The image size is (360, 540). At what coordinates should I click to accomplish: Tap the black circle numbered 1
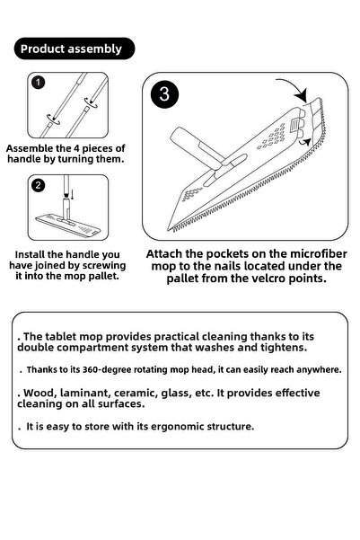point(38,83)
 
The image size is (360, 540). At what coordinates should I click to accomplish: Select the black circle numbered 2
point(38,186)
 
